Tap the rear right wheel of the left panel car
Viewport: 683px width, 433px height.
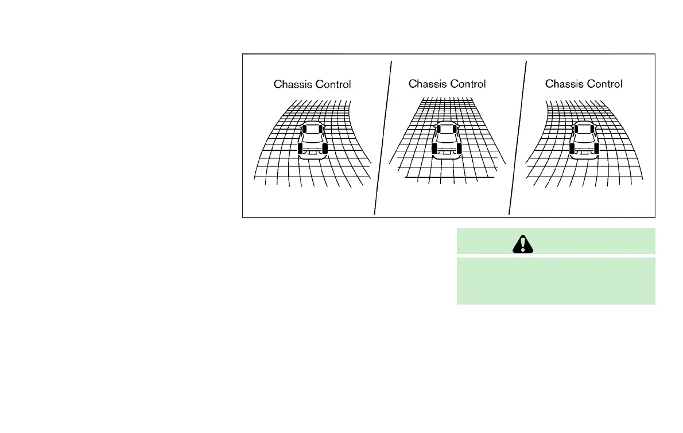click(325, 150)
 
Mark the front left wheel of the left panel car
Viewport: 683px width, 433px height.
click(304, 129)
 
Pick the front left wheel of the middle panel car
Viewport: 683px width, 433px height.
click(438, 129)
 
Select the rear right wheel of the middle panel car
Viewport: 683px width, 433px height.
click(460, 150)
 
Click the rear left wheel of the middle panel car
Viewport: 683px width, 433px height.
click(434, 150)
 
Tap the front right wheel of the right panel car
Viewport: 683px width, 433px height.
click(593, 129)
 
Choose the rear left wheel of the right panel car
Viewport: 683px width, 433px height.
click(572, 150)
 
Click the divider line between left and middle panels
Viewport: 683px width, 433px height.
click(383, 135)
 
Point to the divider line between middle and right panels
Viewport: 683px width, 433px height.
click(518, 135)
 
